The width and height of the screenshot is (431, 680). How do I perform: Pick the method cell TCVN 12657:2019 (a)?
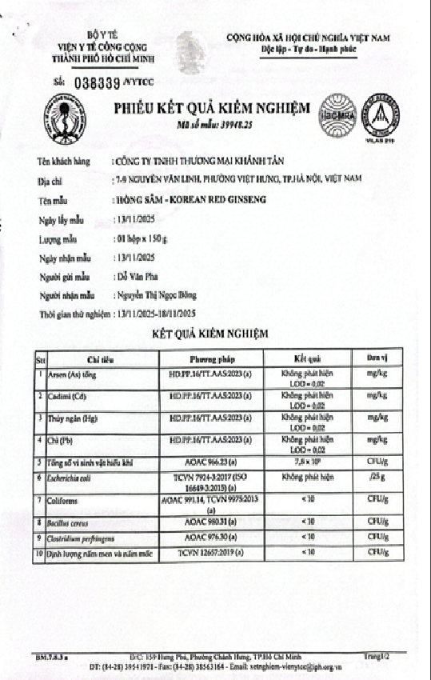(x=211, y=553)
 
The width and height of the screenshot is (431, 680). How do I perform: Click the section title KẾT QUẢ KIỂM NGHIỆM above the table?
(x=216, y=333)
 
